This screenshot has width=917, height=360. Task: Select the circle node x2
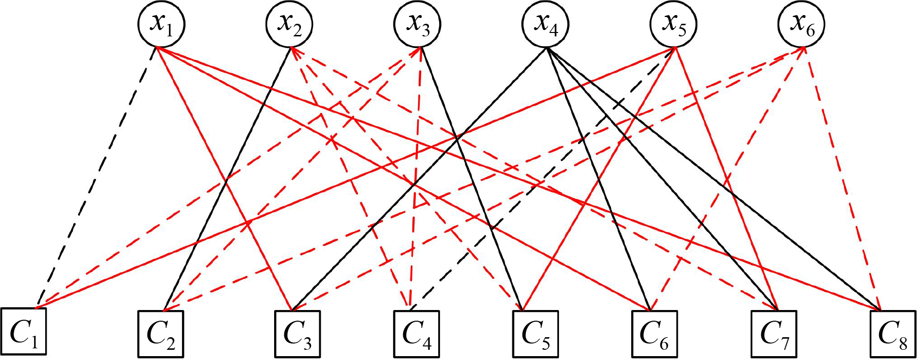pos(289,24)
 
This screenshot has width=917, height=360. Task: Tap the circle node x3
pos(418,24)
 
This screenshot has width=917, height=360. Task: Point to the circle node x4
pos(546,24)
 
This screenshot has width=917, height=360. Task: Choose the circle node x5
pos(674,24)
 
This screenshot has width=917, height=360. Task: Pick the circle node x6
pos(802,24)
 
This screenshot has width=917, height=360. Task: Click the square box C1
pos(23,333)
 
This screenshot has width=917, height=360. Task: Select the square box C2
pos(161,334)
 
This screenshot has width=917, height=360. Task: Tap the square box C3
pos(297,334)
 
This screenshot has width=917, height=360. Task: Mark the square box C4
pos(416,334)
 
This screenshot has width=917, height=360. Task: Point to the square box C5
pos(536,334)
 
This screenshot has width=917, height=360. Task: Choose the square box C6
pos(655,334)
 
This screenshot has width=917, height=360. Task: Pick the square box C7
pos(774,334)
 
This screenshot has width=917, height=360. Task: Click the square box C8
pos(893,334)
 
